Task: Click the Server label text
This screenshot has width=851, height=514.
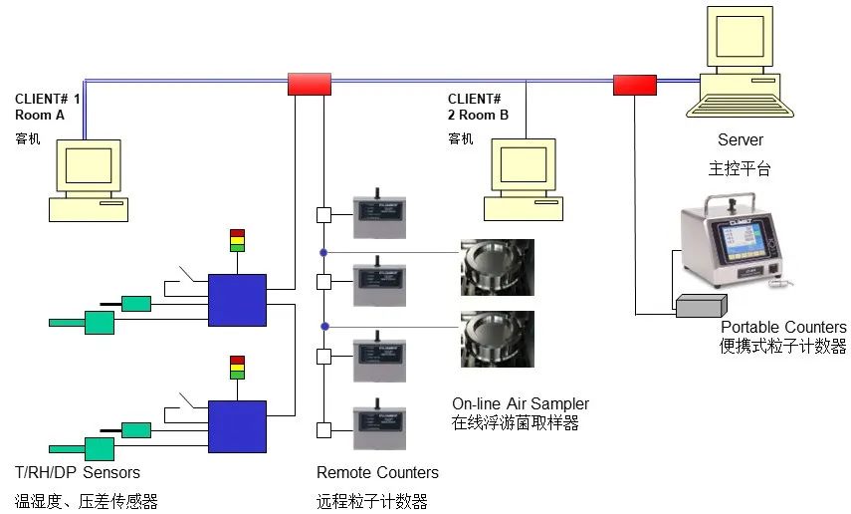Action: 740,140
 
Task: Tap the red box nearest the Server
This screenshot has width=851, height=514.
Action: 634,85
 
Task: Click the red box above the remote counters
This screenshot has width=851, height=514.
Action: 309,84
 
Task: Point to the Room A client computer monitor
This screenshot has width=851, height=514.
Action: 88,166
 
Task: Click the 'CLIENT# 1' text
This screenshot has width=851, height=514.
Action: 48,99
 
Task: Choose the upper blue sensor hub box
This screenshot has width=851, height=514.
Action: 237,300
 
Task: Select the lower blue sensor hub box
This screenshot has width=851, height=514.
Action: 237,426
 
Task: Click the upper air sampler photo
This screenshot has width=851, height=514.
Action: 497,267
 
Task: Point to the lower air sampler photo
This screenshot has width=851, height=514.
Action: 497,339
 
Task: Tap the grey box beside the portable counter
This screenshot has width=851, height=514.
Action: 702,307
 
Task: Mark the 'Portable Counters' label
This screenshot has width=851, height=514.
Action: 783,328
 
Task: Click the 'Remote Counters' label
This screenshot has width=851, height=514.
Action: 377,472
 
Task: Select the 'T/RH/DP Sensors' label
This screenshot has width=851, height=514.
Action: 78,472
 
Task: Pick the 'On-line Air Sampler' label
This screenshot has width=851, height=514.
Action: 521,403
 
